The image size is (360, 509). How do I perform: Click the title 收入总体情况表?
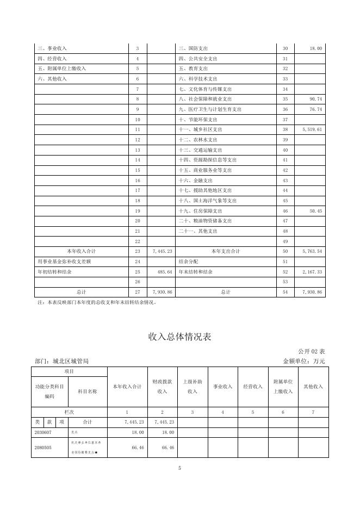[x=179, y=337]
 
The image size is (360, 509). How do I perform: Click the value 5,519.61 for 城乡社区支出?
[x=312, y=130]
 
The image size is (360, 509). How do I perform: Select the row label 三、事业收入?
[x=52, y=49]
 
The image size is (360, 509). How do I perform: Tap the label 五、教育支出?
[x=193, y=69]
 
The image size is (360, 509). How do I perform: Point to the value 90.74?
[x=315, y=100]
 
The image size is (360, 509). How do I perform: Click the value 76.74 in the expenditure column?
[x=315, y=109]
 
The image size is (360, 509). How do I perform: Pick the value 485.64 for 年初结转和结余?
[x=163, y=271]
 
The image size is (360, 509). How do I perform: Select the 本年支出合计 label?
[x=225, y=251]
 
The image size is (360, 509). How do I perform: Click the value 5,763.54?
[x=312, y=251]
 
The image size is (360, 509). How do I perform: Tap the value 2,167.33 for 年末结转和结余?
[x=312, y=271]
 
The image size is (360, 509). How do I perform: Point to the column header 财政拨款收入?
[x=162, y=387]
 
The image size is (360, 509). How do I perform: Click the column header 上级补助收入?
[x=193, y=387]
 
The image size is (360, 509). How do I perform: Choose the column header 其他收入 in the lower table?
[x=313, y=387]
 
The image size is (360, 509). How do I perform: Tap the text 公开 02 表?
[x=311, y=351]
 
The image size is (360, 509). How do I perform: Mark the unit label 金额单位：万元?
[x=304, y=361]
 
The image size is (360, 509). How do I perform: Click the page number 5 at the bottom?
[x=179, y=468]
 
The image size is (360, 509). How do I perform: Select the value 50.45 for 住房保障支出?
[x=315, y=210]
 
